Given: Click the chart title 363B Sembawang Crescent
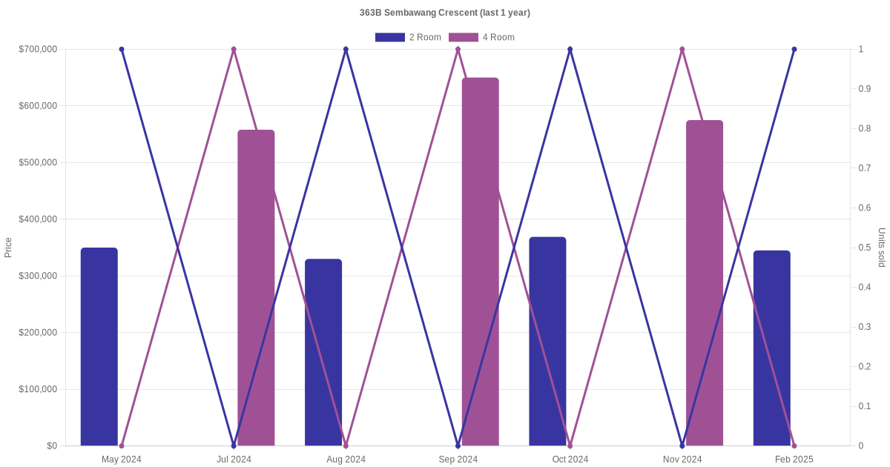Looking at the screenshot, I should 444,13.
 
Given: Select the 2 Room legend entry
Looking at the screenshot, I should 408,37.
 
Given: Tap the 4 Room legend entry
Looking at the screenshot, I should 481,37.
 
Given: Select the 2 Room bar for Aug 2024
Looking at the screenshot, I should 323,352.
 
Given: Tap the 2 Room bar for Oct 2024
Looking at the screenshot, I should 547,341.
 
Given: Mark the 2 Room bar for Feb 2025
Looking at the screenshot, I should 772,348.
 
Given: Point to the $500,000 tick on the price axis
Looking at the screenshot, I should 38,162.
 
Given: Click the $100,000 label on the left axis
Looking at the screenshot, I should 38,389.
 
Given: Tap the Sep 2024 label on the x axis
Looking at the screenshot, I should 458,460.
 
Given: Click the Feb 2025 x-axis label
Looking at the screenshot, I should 794,460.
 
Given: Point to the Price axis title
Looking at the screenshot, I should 8,248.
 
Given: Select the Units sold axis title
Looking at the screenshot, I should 882,248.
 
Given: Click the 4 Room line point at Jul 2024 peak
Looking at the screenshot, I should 234,50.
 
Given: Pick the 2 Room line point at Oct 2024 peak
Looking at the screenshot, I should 570,50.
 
